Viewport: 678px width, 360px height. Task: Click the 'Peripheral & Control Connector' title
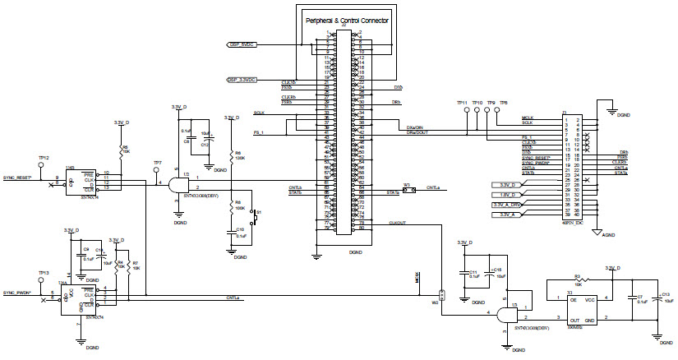pyautogui.click(x=346, y=18)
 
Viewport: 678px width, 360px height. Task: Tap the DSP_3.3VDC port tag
pyautogui.click(x=241, y=80)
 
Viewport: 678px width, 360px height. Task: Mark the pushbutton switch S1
pyautogui.click(x=254, y=216)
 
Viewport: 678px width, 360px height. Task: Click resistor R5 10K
pyautogui.click(x=122, y=150)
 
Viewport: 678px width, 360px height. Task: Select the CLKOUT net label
pyautogui.click(x=398, y=220)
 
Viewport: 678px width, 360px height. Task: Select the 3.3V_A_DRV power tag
pyautogui.click(x=506, y=204)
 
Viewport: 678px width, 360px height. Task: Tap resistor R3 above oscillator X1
pyautogui.click(x=578, y=281)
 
